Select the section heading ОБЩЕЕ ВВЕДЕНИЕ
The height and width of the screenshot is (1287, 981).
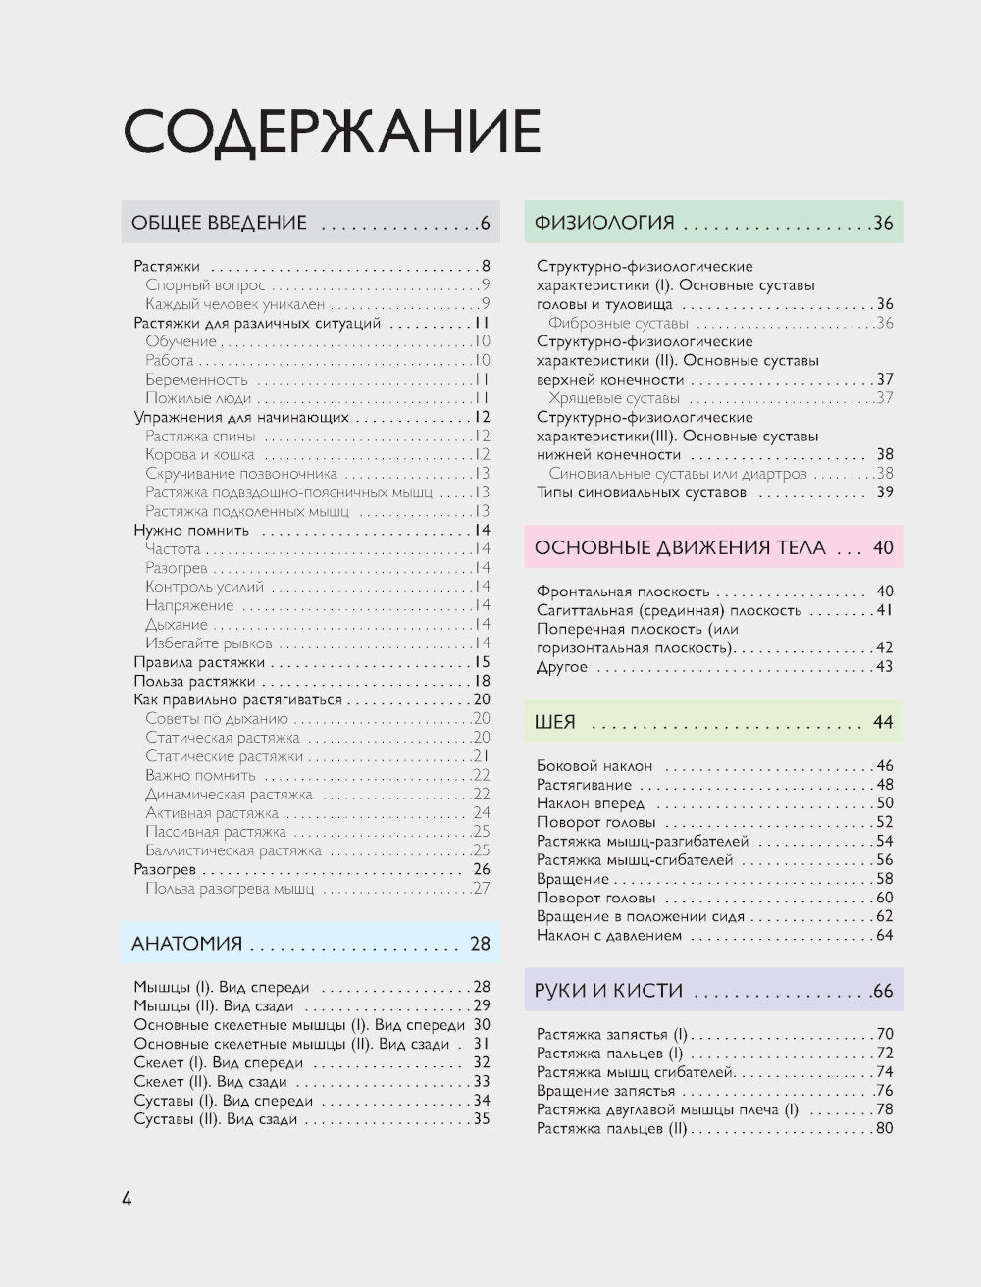coord(219,223)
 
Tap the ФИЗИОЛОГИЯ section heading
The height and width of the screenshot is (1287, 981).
coord(604,223)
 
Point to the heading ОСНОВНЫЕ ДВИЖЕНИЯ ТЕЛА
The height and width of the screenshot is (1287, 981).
coord(681,547)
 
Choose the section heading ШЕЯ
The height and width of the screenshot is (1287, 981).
coord(555,722)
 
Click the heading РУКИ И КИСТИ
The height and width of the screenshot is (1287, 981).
coord(608,991)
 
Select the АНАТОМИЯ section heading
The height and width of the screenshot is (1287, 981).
coord(186,944)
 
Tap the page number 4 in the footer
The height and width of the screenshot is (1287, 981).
coord(127,1198)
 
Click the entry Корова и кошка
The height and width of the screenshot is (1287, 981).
coord(200,455)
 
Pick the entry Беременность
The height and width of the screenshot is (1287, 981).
coord(197,380)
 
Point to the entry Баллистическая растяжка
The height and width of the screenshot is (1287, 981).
coord(233,851)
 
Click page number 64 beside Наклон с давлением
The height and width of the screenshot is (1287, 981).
coord(884,936)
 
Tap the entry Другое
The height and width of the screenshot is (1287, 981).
coord(562,668)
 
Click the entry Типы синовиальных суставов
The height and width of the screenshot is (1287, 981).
coord(642,492)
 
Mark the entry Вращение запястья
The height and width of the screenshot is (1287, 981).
coord(605,1091)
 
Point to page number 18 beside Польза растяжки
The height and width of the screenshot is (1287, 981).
coord(482,682)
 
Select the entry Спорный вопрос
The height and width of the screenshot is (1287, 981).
coord(205,285)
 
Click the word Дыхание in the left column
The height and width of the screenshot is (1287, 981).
coord(177,625)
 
